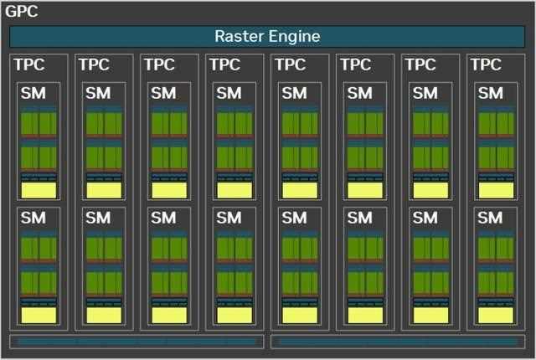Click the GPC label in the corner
22,11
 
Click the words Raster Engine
267,36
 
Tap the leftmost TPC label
29,64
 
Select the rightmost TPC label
486,64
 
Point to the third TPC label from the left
160,64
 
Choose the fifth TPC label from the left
291,64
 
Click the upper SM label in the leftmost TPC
33,93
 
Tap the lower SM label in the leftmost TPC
33,218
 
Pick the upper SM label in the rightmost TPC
491,93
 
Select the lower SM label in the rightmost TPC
491,218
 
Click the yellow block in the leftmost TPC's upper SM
39,190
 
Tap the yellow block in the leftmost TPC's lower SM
39,316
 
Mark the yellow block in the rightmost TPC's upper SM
496,190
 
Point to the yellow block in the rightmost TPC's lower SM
496,316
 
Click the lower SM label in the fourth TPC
229,218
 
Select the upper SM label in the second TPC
98,93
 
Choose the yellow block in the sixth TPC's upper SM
365,190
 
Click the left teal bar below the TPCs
137,342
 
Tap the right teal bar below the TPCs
398,342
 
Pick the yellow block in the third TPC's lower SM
169,316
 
